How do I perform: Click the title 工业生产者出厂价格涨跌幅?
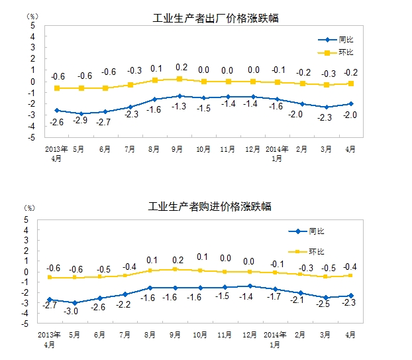point(215,19)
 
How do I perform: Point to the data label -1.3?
point(180,106)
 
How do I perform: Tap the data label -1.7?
point(276,299)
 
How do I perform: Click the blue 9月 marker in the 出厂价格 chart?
point(180,96)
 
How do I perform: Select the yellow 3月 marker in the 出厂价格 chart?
point(326,85)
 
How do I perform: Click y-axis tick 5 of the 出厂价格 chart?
point(33,25)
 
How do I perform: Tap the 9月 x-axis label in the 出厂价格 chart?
point(180,149)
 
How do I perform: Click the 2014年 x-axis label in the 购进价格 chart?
point(275,335)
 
